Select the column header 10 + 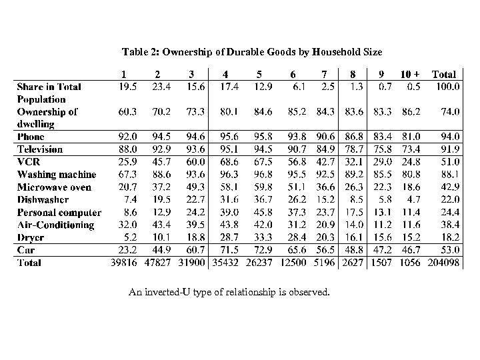[410, 75]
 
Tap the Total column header [445, 75]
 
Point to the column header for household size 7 [325, 75]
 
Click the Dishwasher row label [43, 199]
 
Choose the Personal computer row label [59, 212]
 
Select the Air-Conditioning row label [56, 225]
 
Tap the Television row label [40, 149]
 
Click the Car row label [25, 249]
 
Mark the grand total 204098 [443, 262]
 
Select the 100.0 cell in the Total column [447, 87]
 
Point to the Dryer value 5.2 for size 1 [128, 237]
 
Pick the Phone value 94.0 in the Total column [449, 137]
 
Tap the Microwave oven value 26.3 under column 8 [353, 187]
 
